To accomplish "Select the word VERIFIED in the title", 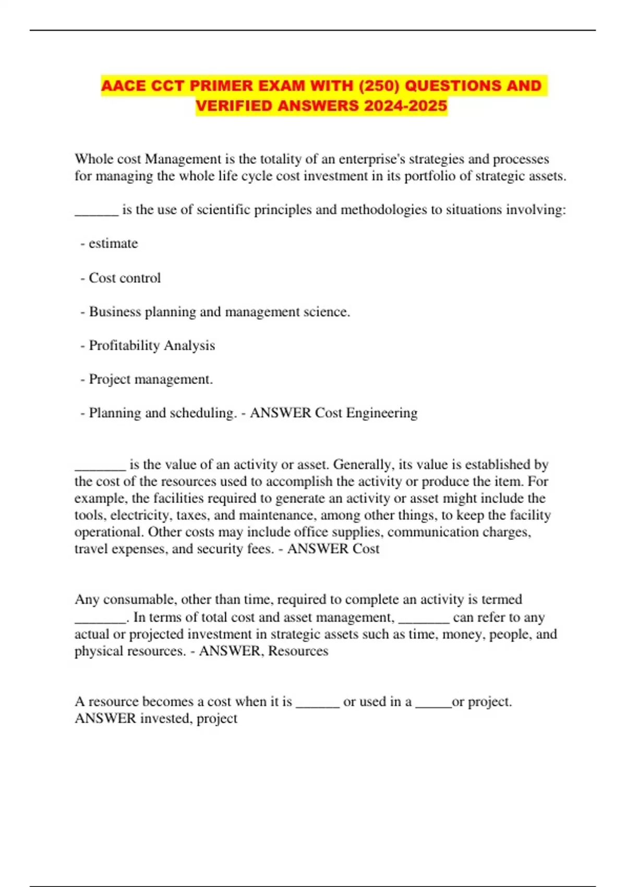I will pos(234,106).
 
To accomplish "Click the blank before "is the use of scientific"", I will pos(97,211).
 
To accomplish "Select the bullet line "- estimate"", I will pos(110,244).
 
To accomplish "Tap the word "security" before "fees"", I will pos(205,549).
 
